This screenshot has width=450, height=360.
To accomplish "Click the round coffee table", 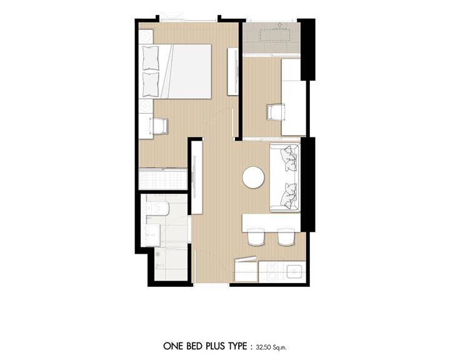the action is click(253, 177).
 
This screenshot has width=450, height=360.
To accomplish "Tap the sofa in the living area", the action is click(285, 177).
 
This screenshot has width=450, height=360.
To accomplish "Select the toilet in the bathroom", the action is click(157, 208).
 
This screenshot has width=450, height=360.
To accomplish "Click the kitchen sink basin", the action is click(295, 271).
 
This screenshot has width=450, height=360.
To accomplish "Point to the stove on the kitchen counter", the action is click(271, 272).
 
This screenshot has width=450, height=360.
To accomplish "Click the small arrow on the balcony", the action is click(279, 26).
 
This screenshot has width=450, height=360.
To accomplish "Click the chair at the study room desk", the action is click(275, 112).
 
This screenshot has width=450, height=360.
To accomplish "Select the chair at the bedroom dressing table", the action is click(159, 126).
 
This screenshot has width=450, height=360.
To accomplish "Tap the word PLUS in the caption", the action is click(215, 346).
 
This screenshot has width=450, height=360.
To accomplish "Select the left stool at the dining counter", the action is click(256, 237).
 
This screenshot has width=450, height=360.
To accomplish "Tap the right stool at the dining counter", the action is click(286, 237).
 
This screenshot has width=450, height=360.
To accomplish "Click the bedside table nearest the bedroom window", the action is click(146, 36).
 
